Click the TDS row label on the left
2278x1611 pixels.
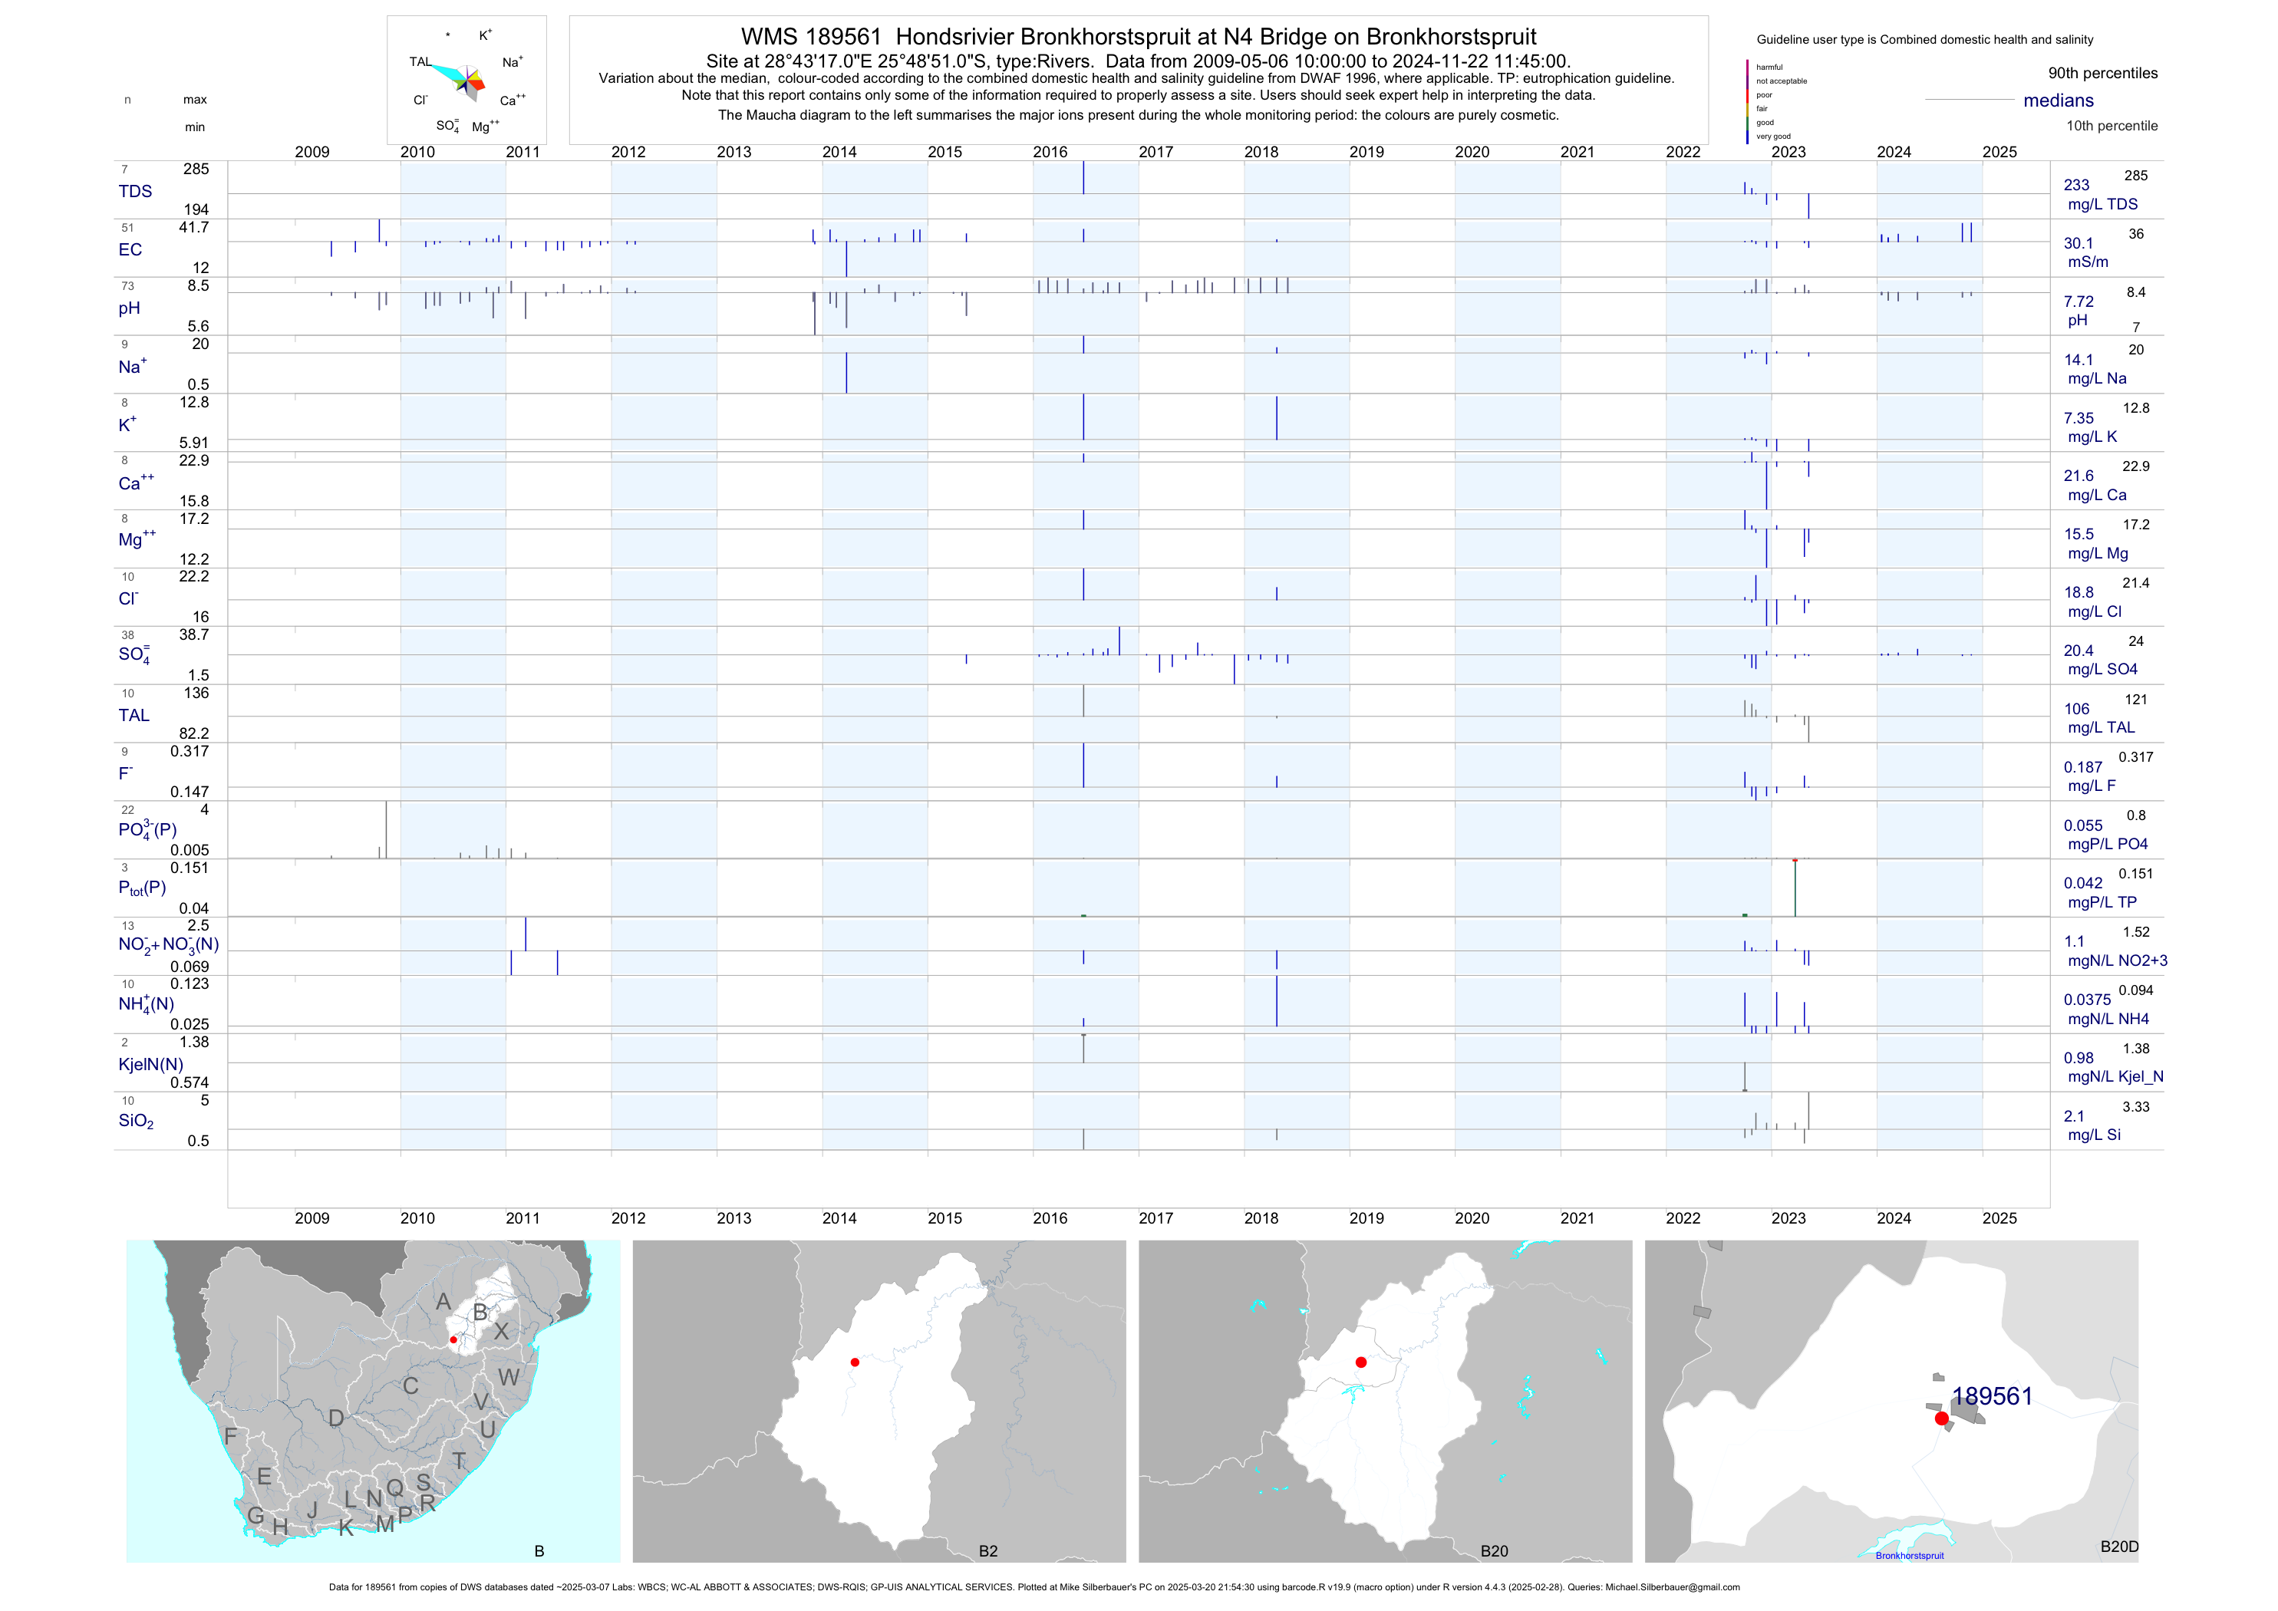(135, 192)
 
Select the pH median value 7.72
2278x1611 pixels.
(2078, 301)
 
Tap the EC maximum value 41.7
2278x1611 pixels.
(193, 227)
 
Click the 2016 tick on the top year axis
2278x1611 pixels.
(1050, 152)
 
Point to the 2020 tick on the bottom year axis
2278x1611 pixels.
(1472, 1218)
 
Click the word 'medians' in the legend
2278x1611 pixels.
(2058, 100)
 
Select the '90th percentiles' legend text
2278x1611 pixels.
(2102, 74)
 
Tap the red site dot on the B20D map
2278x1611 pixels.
(1942, 1418)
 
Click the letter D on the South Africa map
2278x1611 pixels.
(336, 1418)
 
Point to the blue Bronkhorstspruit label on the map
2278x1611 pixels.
(1909, 1556)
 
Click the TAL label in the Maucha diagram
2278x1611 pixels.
(420, 61)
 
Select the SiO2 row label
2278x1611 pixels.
(136, 1121)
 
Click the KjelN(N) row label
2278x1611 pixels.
(151, 1065)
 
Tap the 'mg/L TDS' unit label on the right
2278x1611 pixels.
(2102, 204)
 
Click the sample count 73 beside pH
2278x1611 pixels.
(127, 285)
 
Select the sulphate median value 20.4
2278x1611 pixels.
(2078, 651)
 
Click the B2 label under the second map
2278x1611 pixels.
(987, 1550)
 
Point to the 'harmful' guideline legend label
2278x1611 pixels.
(1769, 68)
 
